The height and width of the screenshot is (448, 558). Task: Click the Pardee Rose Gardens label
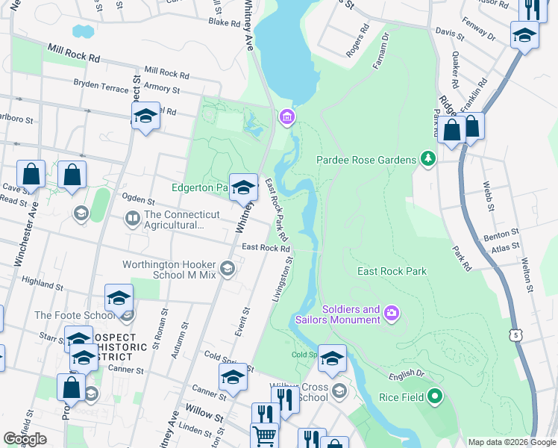366,160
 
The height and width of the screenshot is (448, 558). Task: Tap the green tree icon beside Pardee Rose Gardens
427,158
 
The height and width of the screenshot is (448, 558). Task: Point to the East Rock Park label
392,271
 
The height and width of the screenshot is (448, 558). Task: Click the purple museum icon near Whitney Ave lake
286,117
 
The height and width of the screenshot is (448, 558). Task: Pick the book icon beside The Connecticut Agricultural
132,219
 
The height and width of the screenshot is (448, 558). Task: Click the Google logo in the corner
25,439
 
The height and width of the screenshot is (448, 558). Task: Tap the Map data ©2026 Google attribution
511,442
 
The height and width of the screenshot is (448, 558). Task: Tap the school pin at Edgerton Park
243,187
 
